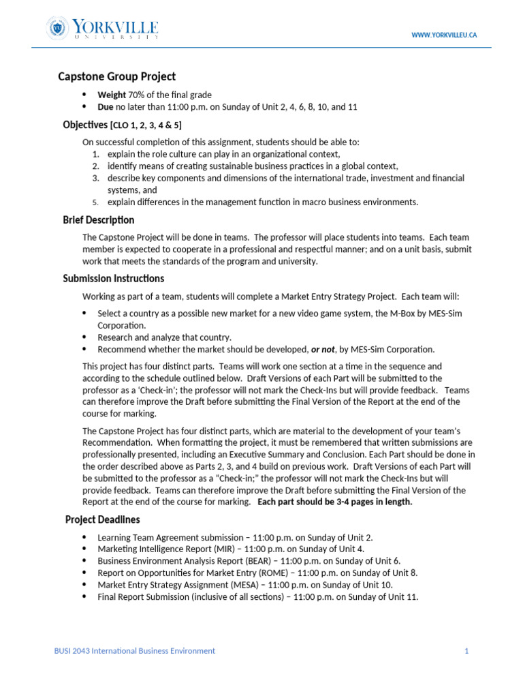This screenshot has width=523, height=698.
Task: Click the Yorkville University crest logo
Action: click(57, 29)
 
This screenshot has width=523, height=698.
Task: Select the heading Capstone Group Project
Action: click(116, 76)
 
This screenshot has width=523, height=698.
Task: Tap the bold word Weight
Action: click(112, 95)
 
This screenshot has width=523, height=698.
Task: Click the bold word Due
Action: click(106, 107)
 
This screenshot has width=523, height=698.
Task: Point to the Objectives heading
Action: click(85, 125)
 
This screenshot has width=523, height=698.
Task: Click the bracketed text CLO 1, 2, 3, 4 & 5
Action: click(146, 125)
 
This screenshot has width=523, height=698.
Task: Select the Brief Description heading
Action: click(98, 220)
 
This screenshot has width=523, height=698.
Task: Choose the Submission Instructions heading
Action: click(113, 279)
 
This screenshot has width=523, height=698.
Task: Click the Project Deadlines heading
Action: click(102, 520)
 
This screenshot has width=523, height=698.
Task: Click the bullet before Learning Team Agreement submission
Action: click(84, 537)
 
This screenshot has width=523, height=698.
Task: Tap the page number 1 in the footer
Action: click(466, 651)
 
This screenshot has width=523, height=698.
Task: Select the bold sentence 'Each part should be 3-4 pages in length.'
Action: click(335, 502)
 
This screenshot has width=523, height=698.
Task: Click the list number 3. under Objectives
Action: click(96, 178)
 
